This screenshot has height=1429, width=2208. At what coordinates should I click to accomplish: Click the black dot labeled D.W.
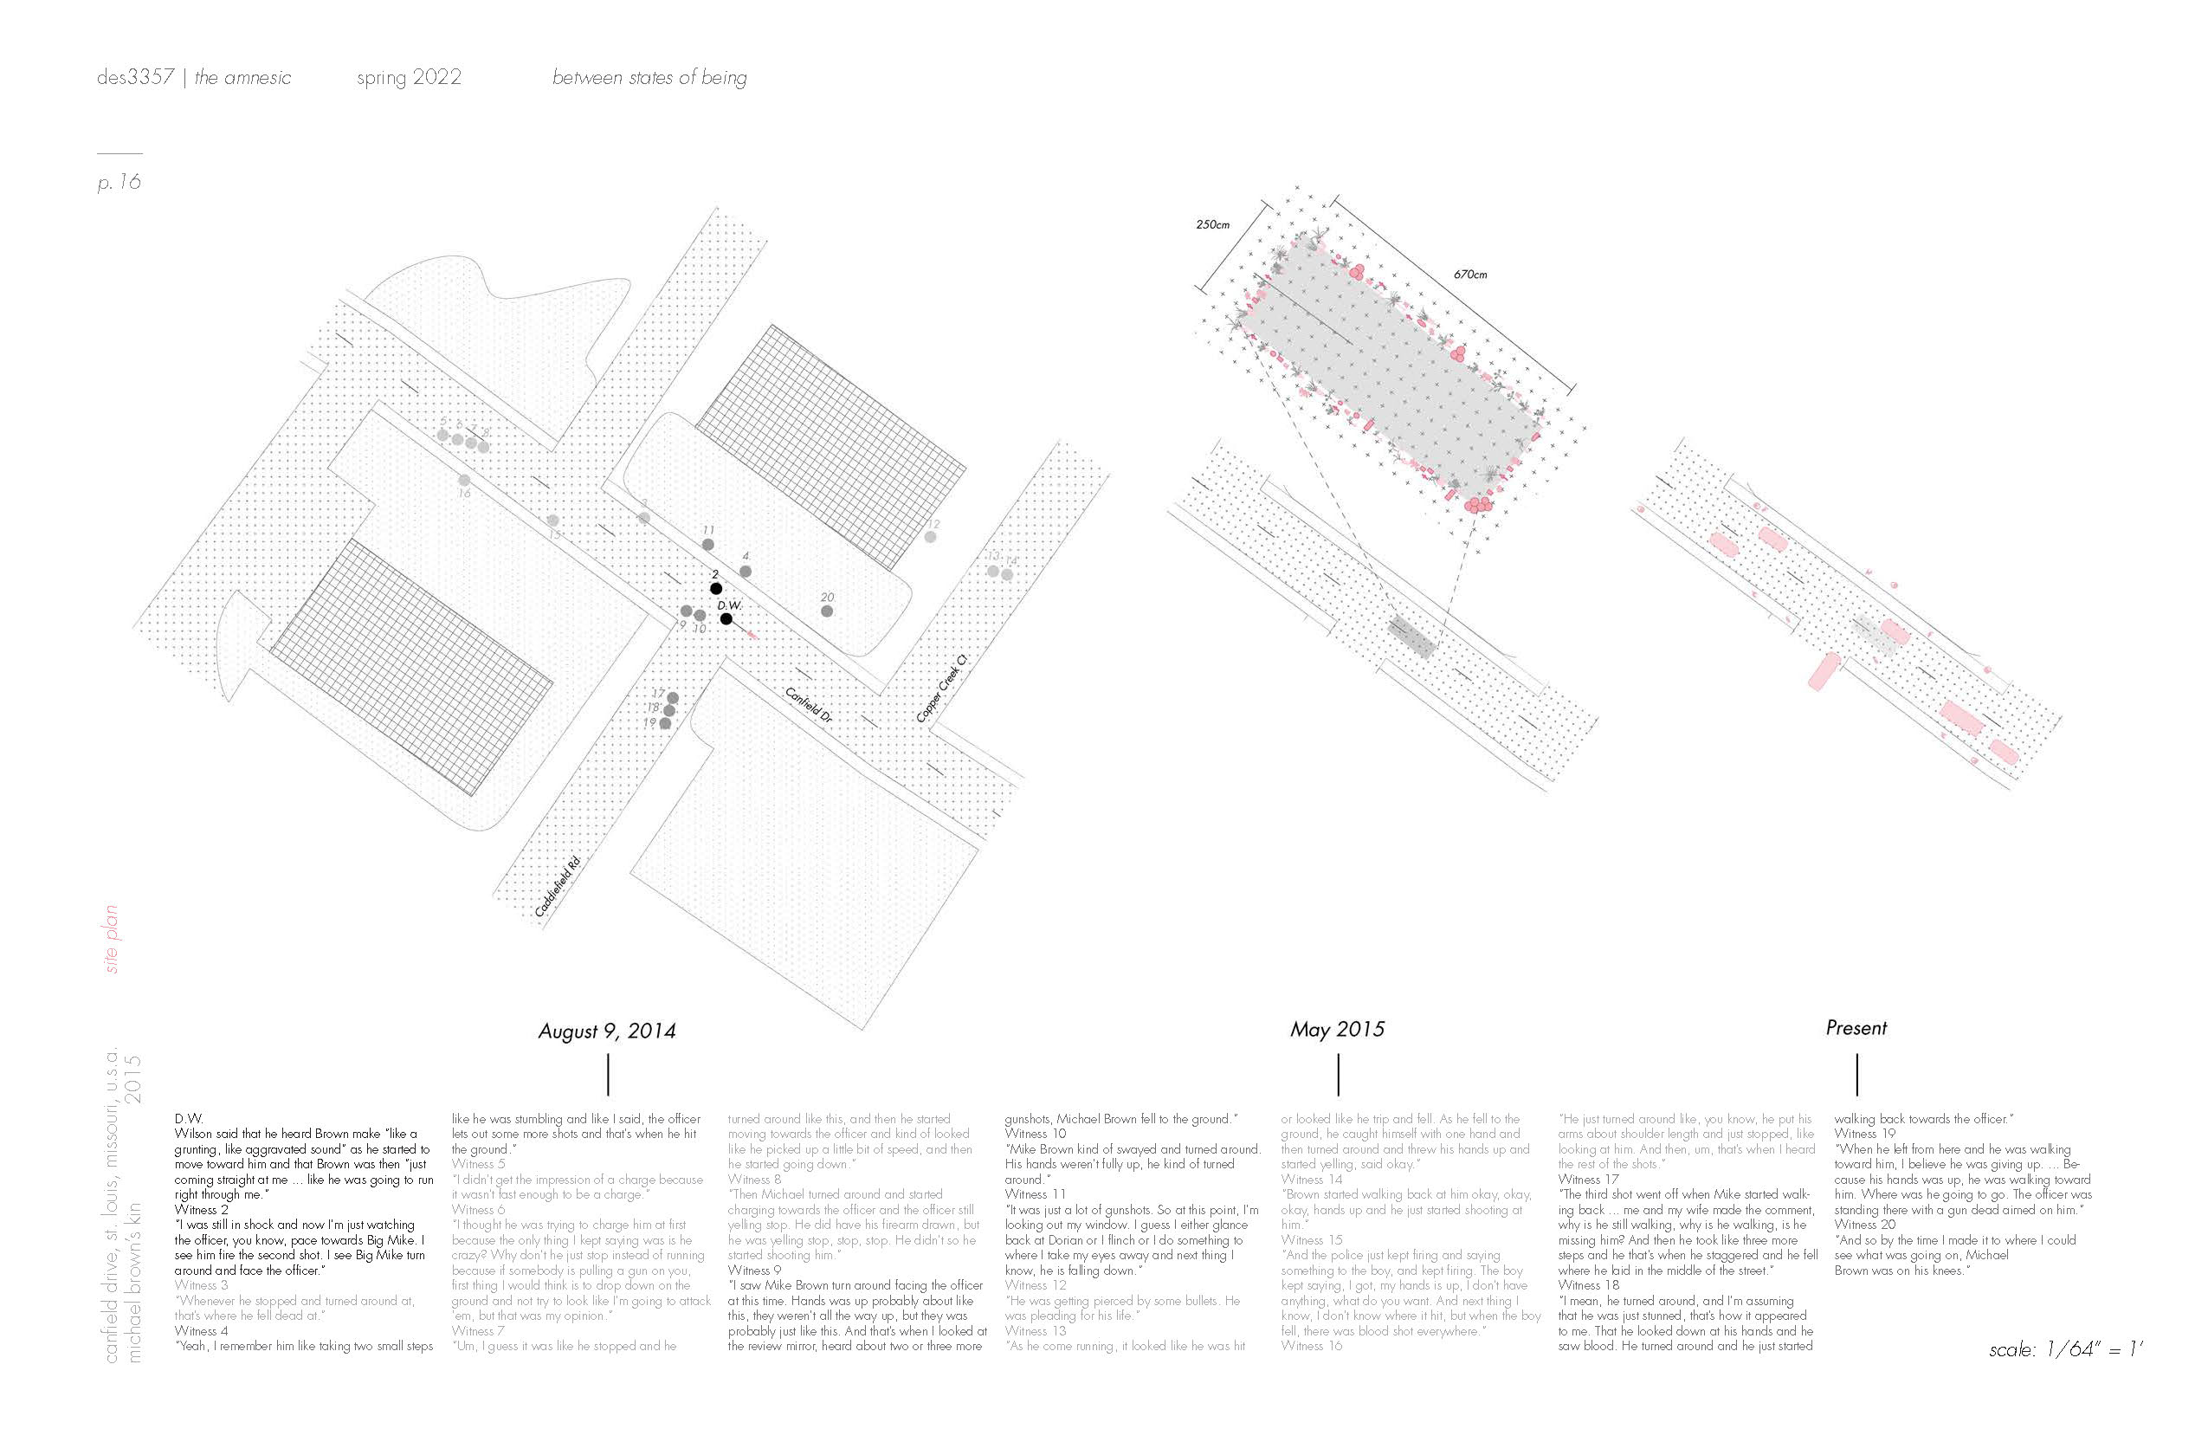(726, 619)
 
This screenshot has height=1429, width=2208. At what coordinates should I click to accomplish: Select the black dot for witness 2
(716, 589)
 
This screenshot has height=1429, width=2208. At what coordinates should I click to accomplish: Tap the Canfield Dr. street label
(809, 705)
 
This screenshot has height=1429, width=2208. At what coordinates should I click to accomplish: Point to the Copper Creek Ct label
(942, 689)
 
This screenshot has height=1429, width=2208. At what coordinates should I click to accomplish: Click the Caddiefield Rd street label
(558, 887)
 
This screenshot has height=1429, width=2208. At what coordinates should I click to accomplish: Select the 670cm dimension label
(1470, 275)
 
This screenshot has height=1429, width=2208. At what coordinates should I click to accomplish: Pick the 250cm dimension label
(1212, 224)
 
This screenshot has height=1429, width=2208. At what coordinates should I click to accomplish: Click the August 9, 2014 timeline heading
(607, 1031)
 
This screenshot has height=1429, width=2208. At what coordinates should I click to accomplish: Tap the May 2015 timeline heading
(1337, 1029)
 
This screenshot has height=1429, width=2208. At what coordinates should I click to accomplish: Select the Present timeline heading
(1856, 1028)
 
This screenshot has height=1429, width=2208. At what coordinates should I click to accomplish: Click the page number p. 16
(119, 182)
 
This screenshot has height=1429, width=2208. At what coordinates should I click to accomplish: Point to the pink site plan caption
(113, 939)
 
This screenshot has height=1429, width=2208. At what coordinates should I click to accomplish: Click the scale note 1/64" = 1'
(2066, 1349)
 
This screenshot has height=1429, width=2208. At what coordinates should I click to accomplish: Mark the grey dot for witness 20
(827, 611)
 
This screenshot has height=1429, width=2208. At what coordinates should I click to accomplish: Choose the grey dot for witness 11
(708, 545)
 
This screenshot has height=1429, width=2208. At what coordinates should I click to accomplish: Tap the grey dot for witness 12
(931, 537)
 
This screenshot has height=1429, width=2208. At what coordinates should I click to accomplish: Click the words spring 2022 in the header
(409, 78)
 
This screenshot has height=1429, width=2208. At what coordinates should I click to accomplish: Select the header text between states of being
(649, 78)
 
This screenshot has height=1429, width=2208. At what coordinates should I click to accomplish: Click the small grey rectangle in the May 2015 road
(1411, 637)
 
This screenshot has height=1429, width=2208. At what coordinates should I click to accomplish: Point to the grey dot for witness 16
(464, 481)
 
